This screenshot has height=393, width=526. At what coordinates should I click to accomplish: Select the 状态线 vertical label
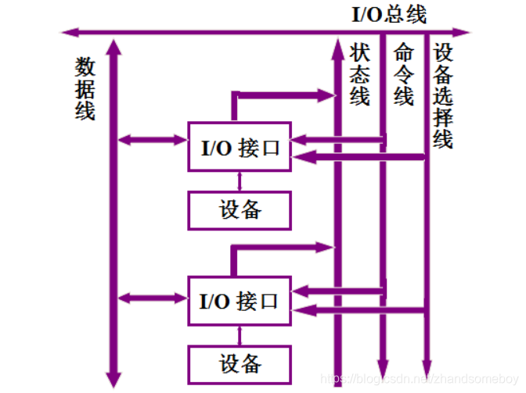coord(359,75)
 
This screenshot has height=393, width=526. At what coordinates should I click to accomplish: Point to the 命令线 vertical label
coord(403,75)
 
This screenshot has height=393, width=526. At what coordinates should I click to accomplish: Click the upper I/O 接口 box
coord(240,147)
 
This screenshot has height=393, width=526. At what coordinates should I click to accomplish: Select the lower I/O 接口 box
coord(240,301)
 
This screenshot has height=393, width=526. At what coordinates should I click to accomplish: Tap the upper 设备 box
coord(240,209)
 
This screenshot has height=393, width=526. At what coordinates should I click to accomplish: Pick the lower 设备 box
coord(240,363)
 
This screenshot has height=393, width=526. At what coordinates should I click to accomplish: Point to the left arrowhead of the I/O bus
coord(68,33)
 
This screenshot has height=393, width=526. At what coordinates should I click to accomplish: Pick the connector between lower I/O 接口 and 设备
coord(240,336)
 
